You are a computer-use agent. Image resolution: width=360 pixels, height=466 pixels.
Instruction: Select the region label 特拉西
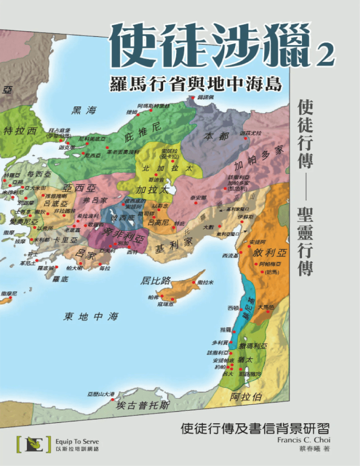click(20, 131)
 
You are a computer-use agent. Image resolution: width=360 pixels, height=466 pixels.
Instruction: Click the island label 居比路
click(156, 281)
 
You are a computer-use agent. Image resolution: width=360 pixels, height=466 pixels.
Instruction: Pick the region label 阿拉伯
click(246, 397)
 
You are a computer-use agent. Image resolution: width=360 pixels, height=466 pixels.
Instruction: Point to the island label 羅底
click(60, 280)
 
